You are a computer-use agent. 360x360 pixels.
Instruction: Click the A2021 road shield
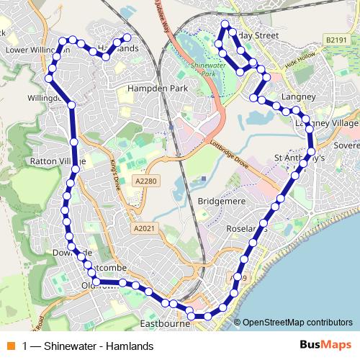[x=143, y=228]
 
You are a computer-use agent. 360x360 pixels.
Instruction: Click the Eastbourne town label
[x=165, y=324]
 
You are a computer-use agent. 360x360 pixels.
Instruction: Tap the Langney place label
[x=300, y=96]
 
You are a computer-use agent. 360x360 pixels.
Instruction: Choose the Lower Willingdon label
[x=32, y=50]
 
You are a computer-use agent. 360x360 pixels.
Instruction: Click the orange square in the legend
[x=10, y=346]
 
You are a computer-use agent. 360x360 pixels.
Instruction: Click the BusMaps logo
[x=322, y=346]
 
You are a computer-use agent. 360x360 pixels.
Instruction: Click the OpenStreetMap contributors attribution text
[x=297, y=323]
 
